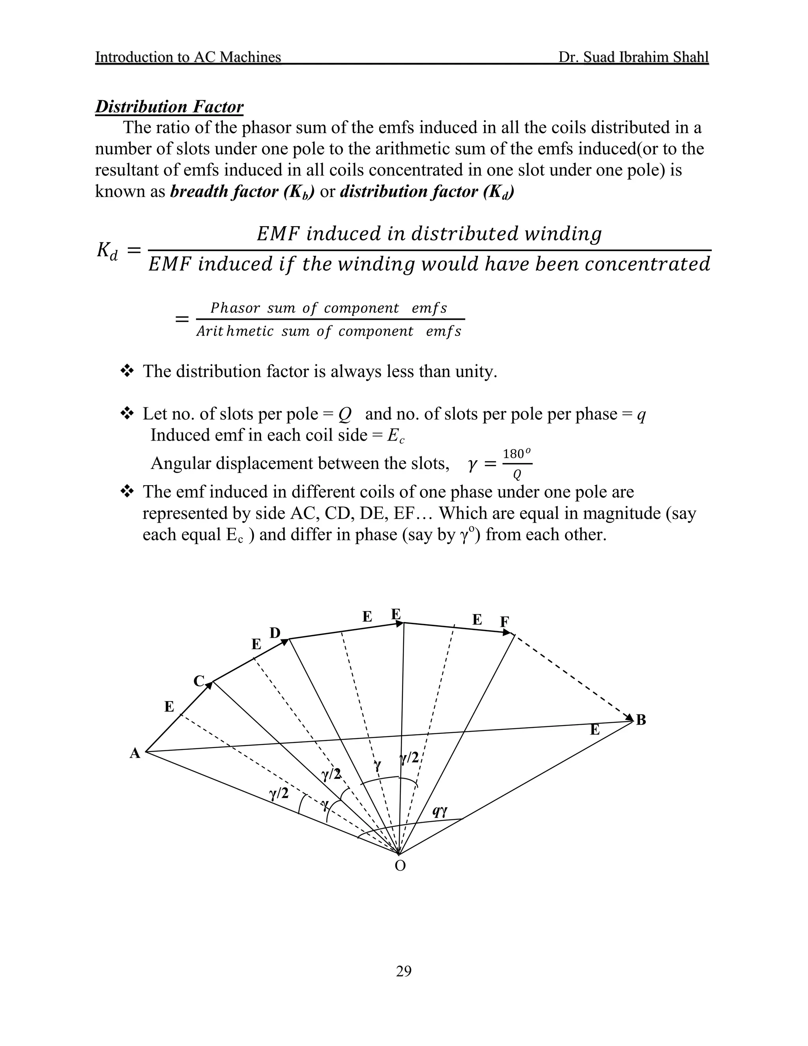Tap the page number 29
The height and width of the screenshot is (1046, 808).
404,971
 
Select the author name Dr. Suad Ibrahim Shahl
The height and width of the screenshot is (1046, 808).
633,57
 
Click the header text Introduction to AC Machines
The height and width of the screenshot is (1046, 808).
188,57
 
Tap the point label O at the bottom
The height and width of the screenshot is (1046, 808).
400,866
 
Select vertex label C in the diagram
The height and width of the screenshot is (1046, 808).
199,680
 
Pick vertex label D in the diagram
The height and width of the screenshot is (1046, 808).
275,633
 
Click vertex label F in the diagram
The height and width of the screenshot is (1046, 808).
505,622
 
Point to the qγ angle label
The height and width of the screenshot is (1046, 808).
440,811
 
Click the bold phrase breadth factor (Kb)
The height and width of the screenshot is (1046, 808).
242,191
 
